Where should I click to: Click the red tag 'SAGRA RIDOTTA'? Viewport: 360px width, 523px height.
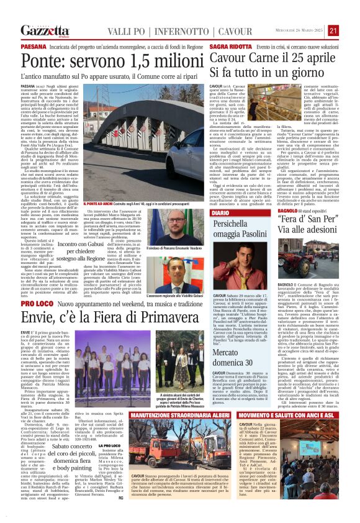click(230, 47)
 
